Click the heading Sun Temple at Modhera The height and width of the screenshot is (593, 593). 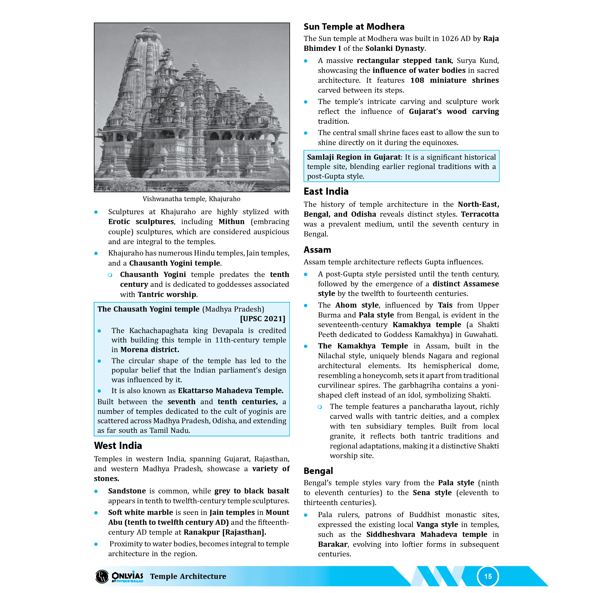354,27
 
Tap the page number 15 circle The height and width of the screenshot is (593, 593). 488,576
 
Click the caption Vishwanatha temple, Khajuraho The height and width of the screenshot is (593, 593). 191,199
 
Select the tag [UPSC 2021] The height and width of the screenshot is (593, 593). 262,318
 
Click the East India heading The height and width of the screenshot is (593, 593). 326,191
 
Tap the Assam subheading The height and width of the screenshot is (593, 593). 317,250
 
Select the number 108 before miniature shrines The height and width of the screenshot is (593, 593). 417,80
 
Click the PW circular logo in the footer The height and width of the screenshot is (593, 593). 102,576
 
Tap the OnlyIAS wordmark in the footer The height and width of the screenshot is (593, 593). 127,576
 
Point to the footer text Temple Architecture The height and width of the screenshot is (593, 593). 188,576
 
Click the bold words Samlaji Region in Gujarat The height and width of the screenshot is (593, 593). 354,157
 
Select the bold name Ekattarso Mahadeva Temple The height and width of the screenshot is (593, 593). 231,390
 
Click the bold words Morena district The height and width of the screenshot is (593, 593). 149,350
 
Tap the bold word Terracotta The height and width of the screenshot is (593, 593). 480,214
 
